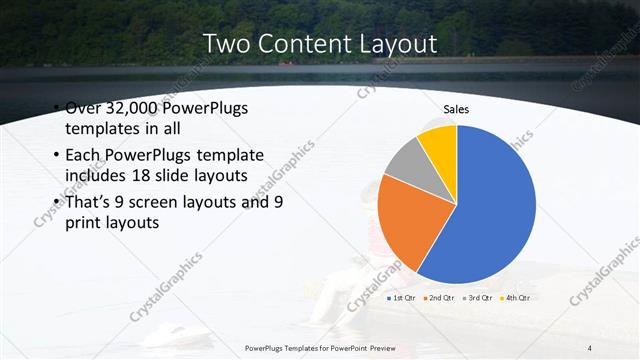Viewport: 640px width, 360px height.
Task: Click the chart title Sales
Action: tap(456, 110)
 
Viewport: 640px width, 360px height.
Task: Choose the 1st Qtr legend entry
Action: tap(402, 297)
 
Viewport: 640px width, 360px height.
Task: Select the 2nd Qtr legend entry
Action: tap(439, 297)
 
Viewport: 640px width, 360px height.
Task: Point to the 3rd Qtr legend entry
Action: tap(477, 297)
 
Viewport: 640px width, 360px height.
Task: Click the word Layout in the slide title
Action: tap(389, 44)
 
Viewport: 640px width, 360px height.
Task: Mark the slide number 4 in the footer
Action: tap(591, 347)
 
